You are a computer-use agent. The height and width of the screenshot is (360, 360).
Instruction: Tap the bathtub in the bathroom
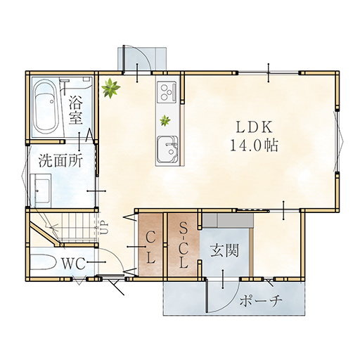pyautogui.click(x=46, y=107)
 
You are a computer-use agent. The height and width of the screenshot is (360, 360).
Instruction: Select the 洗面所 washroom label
pyautogui.click(x=60, y=161)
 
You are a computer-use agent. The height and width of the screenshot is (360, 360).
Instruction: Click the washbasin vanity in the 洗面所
pyautogui.click(x=41, y=190)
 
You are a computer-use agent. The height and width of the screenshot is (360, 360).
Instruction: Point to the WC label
pyautogui.click(x=73, y=264)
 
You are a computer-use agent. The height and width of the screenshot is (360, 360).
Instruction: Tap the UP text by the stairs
pyautogui.click(x=105, y=229)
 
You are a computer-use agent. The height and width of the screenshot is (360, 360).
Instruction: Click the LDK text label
pyautogui.click(x=255, y=128)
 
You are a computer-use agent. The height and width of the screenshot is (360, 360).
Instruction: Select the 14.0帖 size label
pyautogui.click(x=255, y=146)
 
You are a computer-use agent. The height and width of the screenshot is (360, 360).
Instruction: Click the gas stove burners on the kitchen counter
pyautogui.click(x=167, y=91)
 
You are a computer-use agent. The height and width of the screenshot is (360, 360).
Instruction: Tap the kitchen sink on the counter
pyautogui.click(x=167, y=150)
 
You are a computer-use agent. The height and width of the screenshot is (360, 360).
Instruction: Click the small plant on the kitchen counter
pyautogui.click(x=165, y=121)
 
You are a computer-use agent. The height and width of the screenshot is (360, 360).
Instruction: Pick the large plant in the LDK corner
pyautogui.click(x=110, y=88)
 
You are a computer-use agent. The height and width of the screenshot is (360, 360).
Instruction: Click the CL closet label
pyautogui.click(x=150, y=249)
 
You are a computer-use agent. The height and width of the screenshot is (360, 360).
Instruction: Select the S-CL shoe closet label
pyautogui.click(x=184, y=245)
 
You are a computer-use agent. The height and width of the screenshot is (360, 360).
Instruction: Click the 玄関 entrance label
pyautogui.click(x=224, y=250)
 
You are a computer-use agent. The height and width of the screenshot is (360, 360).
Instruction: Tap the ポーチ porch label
pyautogui.click(x=260, y=301)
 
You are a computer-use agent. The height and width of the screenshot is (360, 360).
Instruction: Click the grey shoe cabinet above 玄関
pyautogui.click(x=228, y=220)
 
